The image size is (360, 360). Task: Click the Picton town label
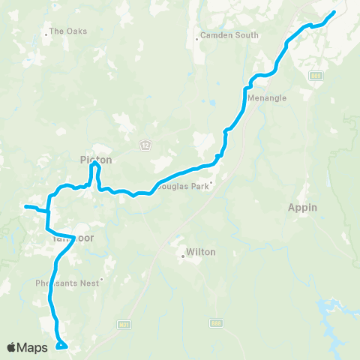pyautogui.click(x=95, y=160)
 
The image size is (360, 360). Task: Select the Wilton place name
pyautogui.click(x=200, y=253)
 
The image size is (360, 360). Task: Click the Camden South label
pyautogui.click(x=230, y=35)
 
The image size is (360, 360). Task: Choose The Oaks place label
pyautogui.click(x=68, y=31)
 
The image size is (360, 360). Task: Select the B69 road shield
pyautogui.click(x=316, y=76)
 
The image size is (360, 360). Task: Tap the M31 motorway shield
pyautogui.click(x=124, y=324)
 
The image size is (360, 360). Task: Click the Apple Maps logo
pyautogui.click(x=27, y=347)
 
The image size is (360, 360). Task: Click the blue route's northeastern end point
pyautogui.click(x=334, y=11)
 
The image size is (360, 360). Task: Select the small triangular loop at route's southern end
pyautogui.click(x=61, y=345)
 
